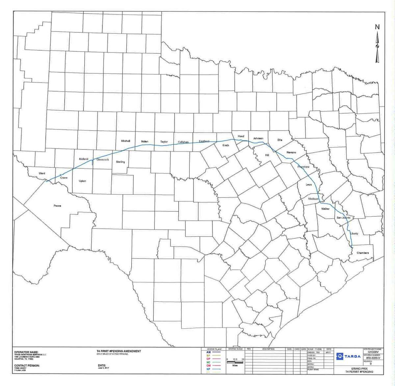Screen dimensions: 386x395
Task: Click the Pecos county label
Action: point(57,206)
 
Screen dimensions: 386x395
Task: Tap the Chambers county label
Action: point(362,253)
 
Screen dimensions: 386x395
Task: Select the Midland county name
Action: point(84,159)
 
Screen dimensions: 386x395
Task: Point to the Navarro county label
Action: point(291,152)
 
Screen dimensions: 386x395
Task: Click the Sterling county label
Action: point(120,162)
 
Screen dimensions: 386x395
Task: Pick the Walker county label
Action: point(325,209)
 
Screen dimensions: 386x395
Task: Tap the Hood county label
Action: point(241,136)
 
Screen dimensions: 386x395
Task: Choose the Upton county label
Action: point(82,181)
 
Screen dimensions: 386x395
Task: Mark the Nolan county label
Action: point(145,142)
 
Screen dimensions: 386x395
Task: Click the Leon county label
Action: point(308,184)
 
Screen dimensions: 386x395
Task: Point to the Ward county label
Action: point(42,173)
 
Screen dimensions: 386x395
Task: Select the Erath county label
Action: point(225,145)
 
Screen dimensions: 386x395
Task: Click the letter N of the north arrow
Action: point(378,27)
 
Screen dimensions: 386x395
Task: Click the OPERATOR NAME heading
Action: point(27,352)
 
